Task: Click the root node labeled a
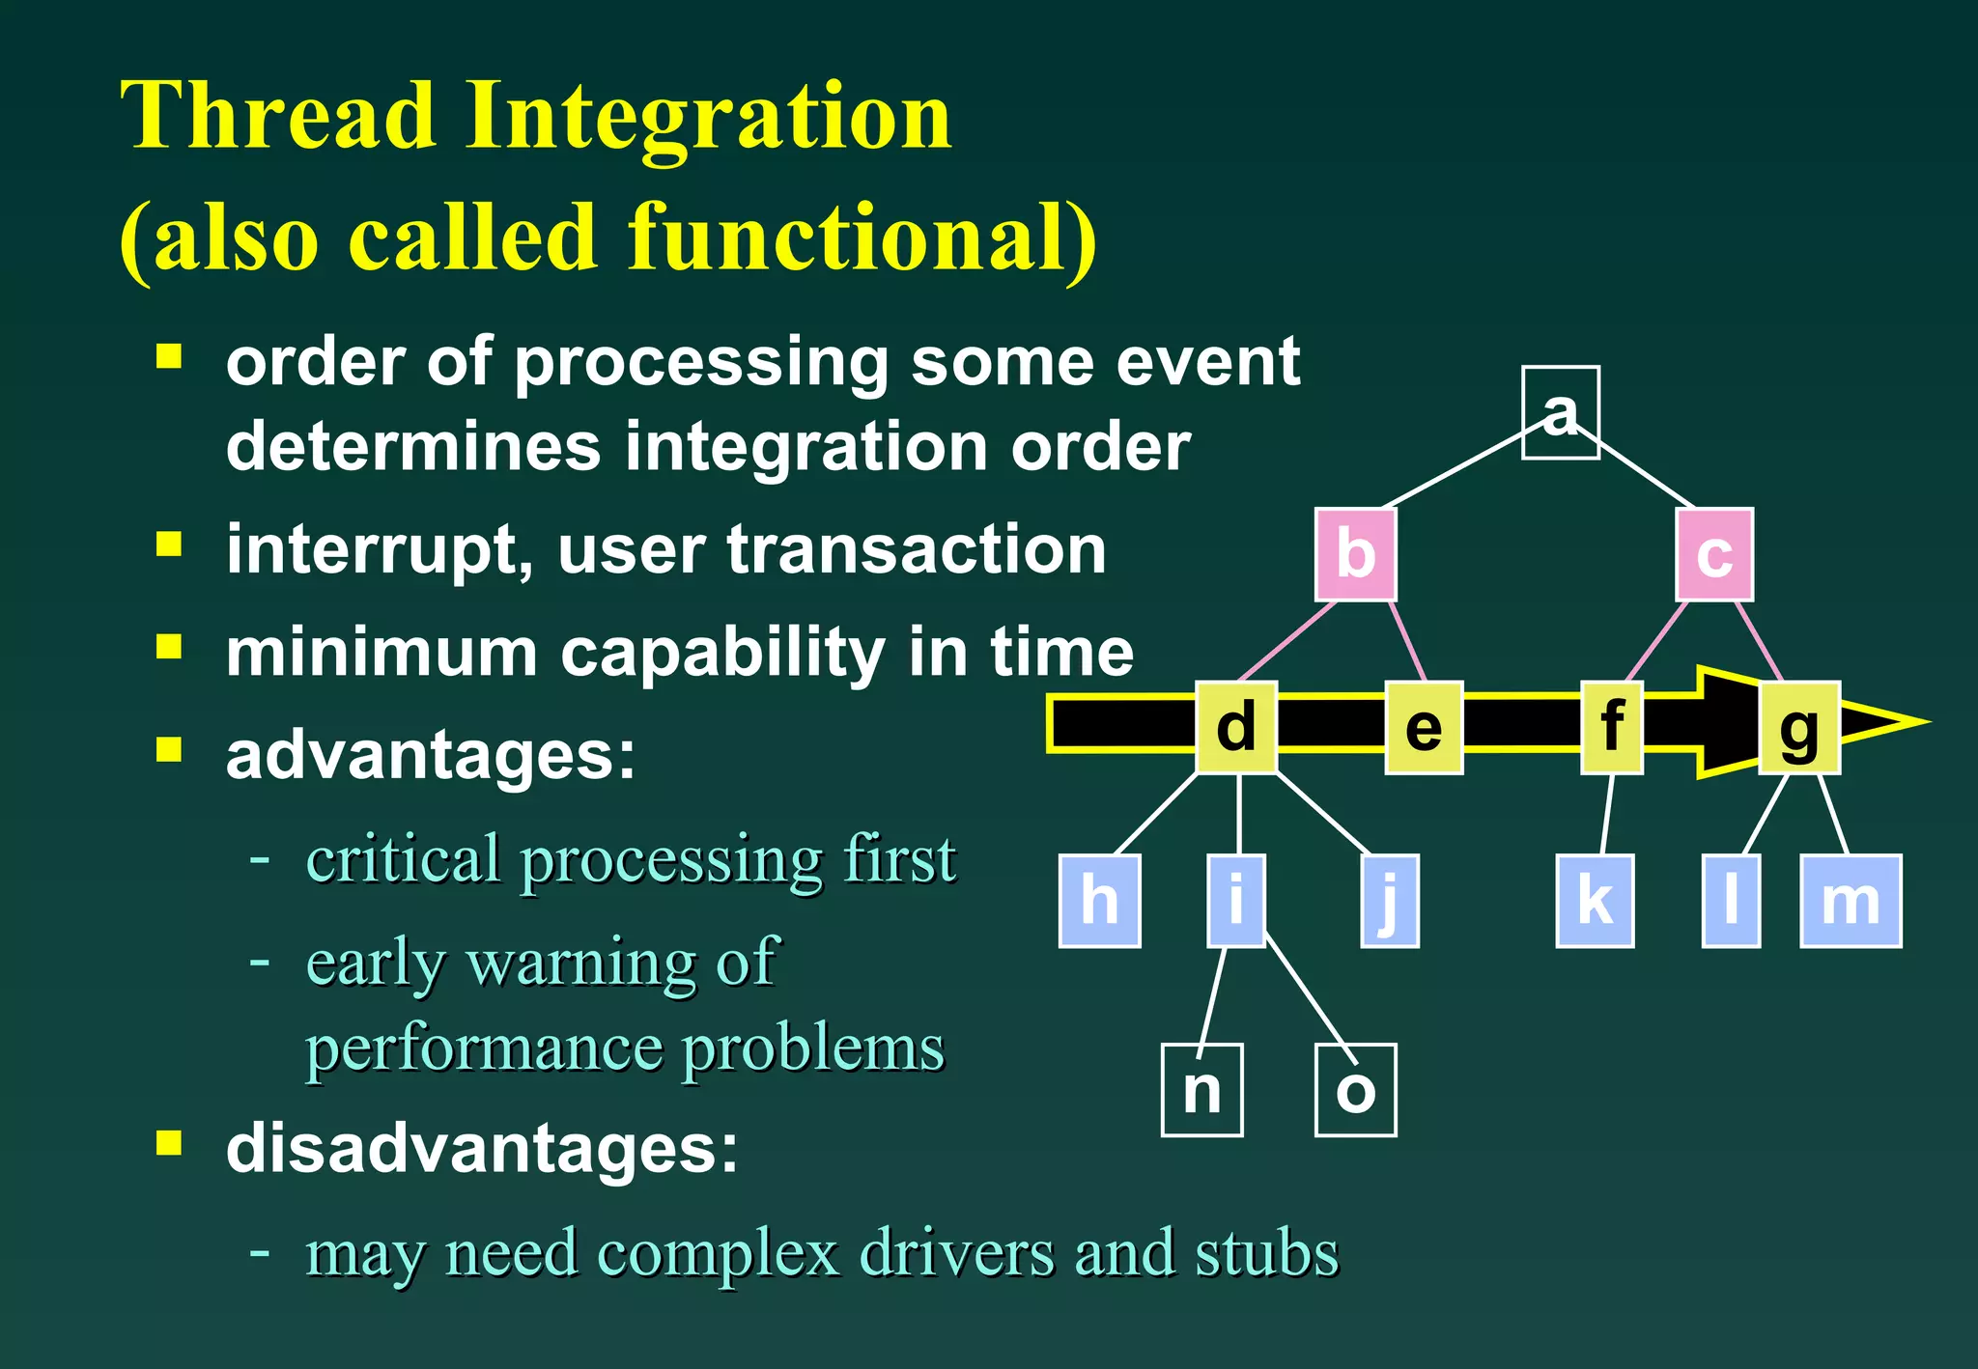click(1560, 412)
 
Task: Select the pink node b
click(1355, 554)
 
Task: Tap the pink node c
click(1714, 554)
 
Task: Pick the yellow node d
click(1236, 727)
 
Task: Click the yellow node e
click(1424, 727)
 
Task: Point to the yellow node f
click(1611, 727)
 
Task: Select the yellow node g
click(1798, 727)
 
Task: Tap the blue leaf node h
click(1099, 900)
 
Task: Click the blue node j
click(1389, 900)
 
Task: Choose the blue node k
click(1595, 900)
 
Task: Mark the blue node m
click(1851, 900)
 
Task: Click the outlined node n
click(1201, 1090)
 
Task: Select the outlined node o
click(1355, 1090)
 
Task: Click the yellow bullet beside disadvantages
click(169, 1143)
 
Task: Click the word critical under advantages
click(403, 858)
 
